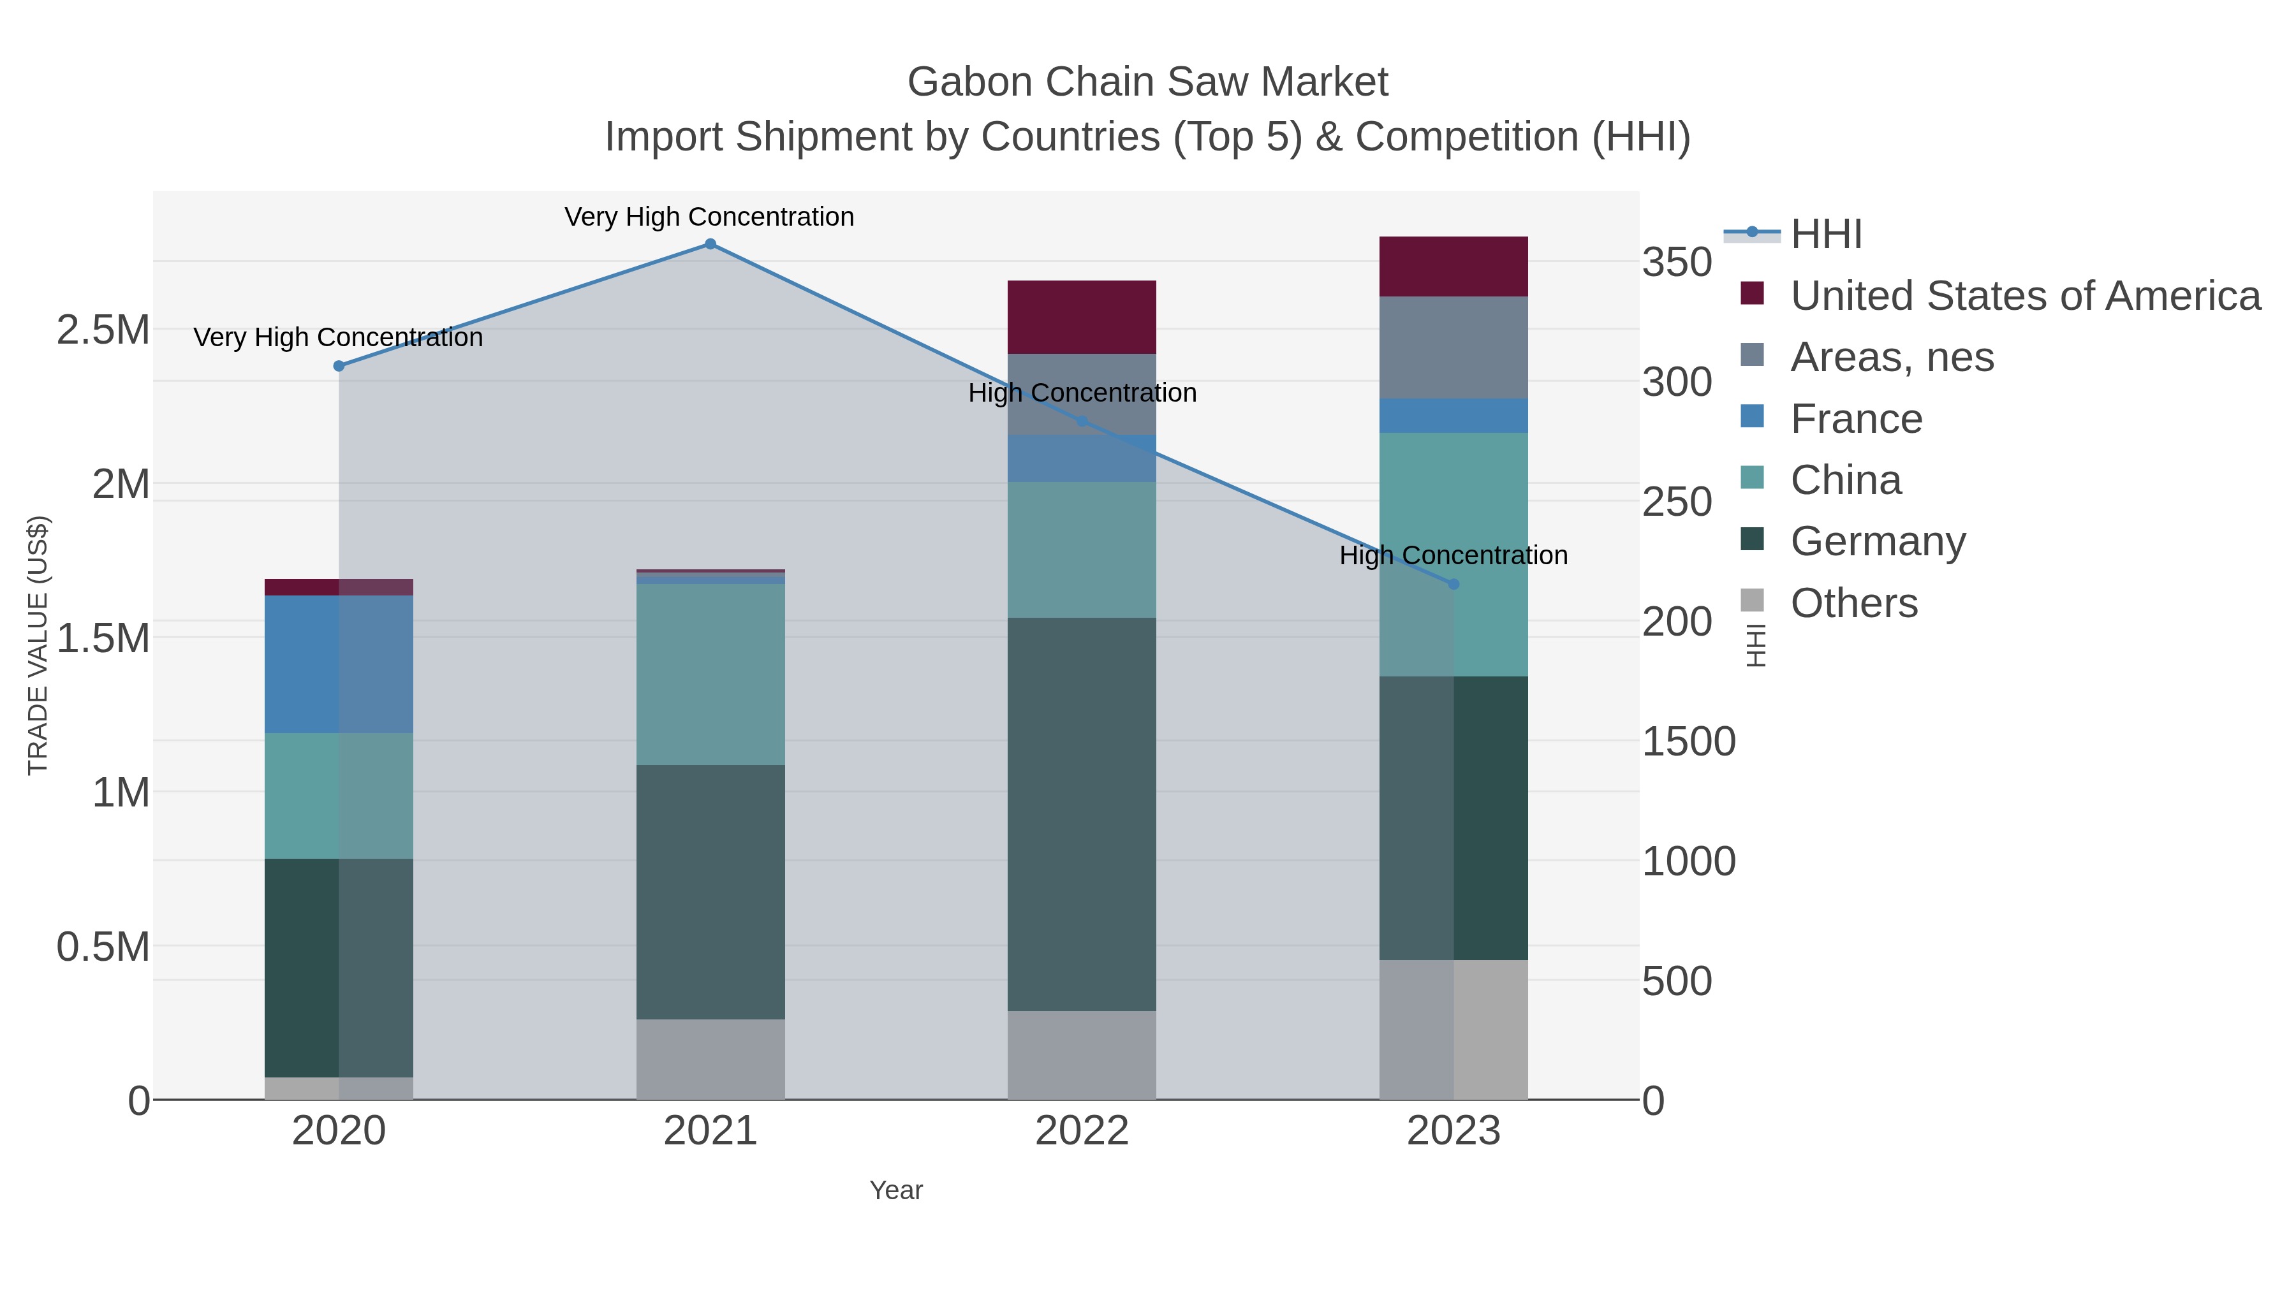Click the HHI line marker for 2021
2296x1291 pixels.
[710, 244]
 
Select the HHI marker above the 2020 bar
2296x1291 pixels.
[339, 366]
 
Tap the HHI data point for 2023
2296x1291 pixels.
[1453, 585]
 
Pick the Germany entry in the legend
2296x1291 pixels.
[1877, 542]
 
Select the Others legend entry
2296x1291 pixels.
[1853, 603]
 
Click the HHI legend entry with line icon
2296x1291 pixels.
[1825, 235]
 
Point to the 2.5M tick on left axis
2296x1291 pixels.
[103, 330]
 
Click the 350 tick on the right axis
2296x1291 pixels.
[1677, 263]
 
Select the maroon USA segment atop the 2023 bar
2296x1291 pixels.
[1453, 266]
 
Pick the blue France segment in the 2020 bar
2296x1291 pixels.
[339, 665]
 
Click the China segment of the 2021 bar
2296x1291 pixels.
[710, 675]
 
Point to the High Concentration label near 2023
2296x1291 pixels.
[1453, 555]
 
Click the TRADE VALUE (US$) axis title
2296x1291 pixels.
[38, 645]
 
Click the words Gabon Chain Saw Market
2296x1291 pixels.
[1147, 82]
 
